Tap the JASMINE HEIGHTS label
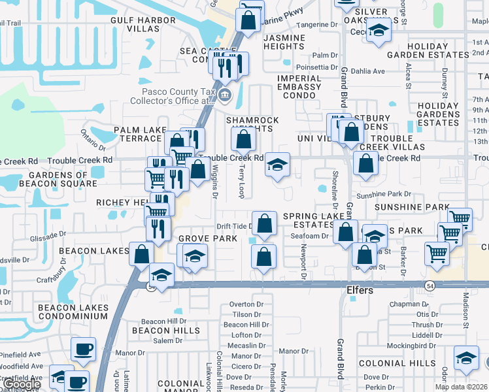[284, 42]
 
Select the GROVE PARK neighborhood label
[209, 238]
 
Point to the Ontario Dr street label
[93, 139]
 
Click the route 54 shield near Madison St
[430, 286]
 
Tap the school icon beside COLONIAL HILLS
[466, 358]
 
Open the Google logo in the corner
[22, 385]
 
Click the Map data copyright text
[461, 387]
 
